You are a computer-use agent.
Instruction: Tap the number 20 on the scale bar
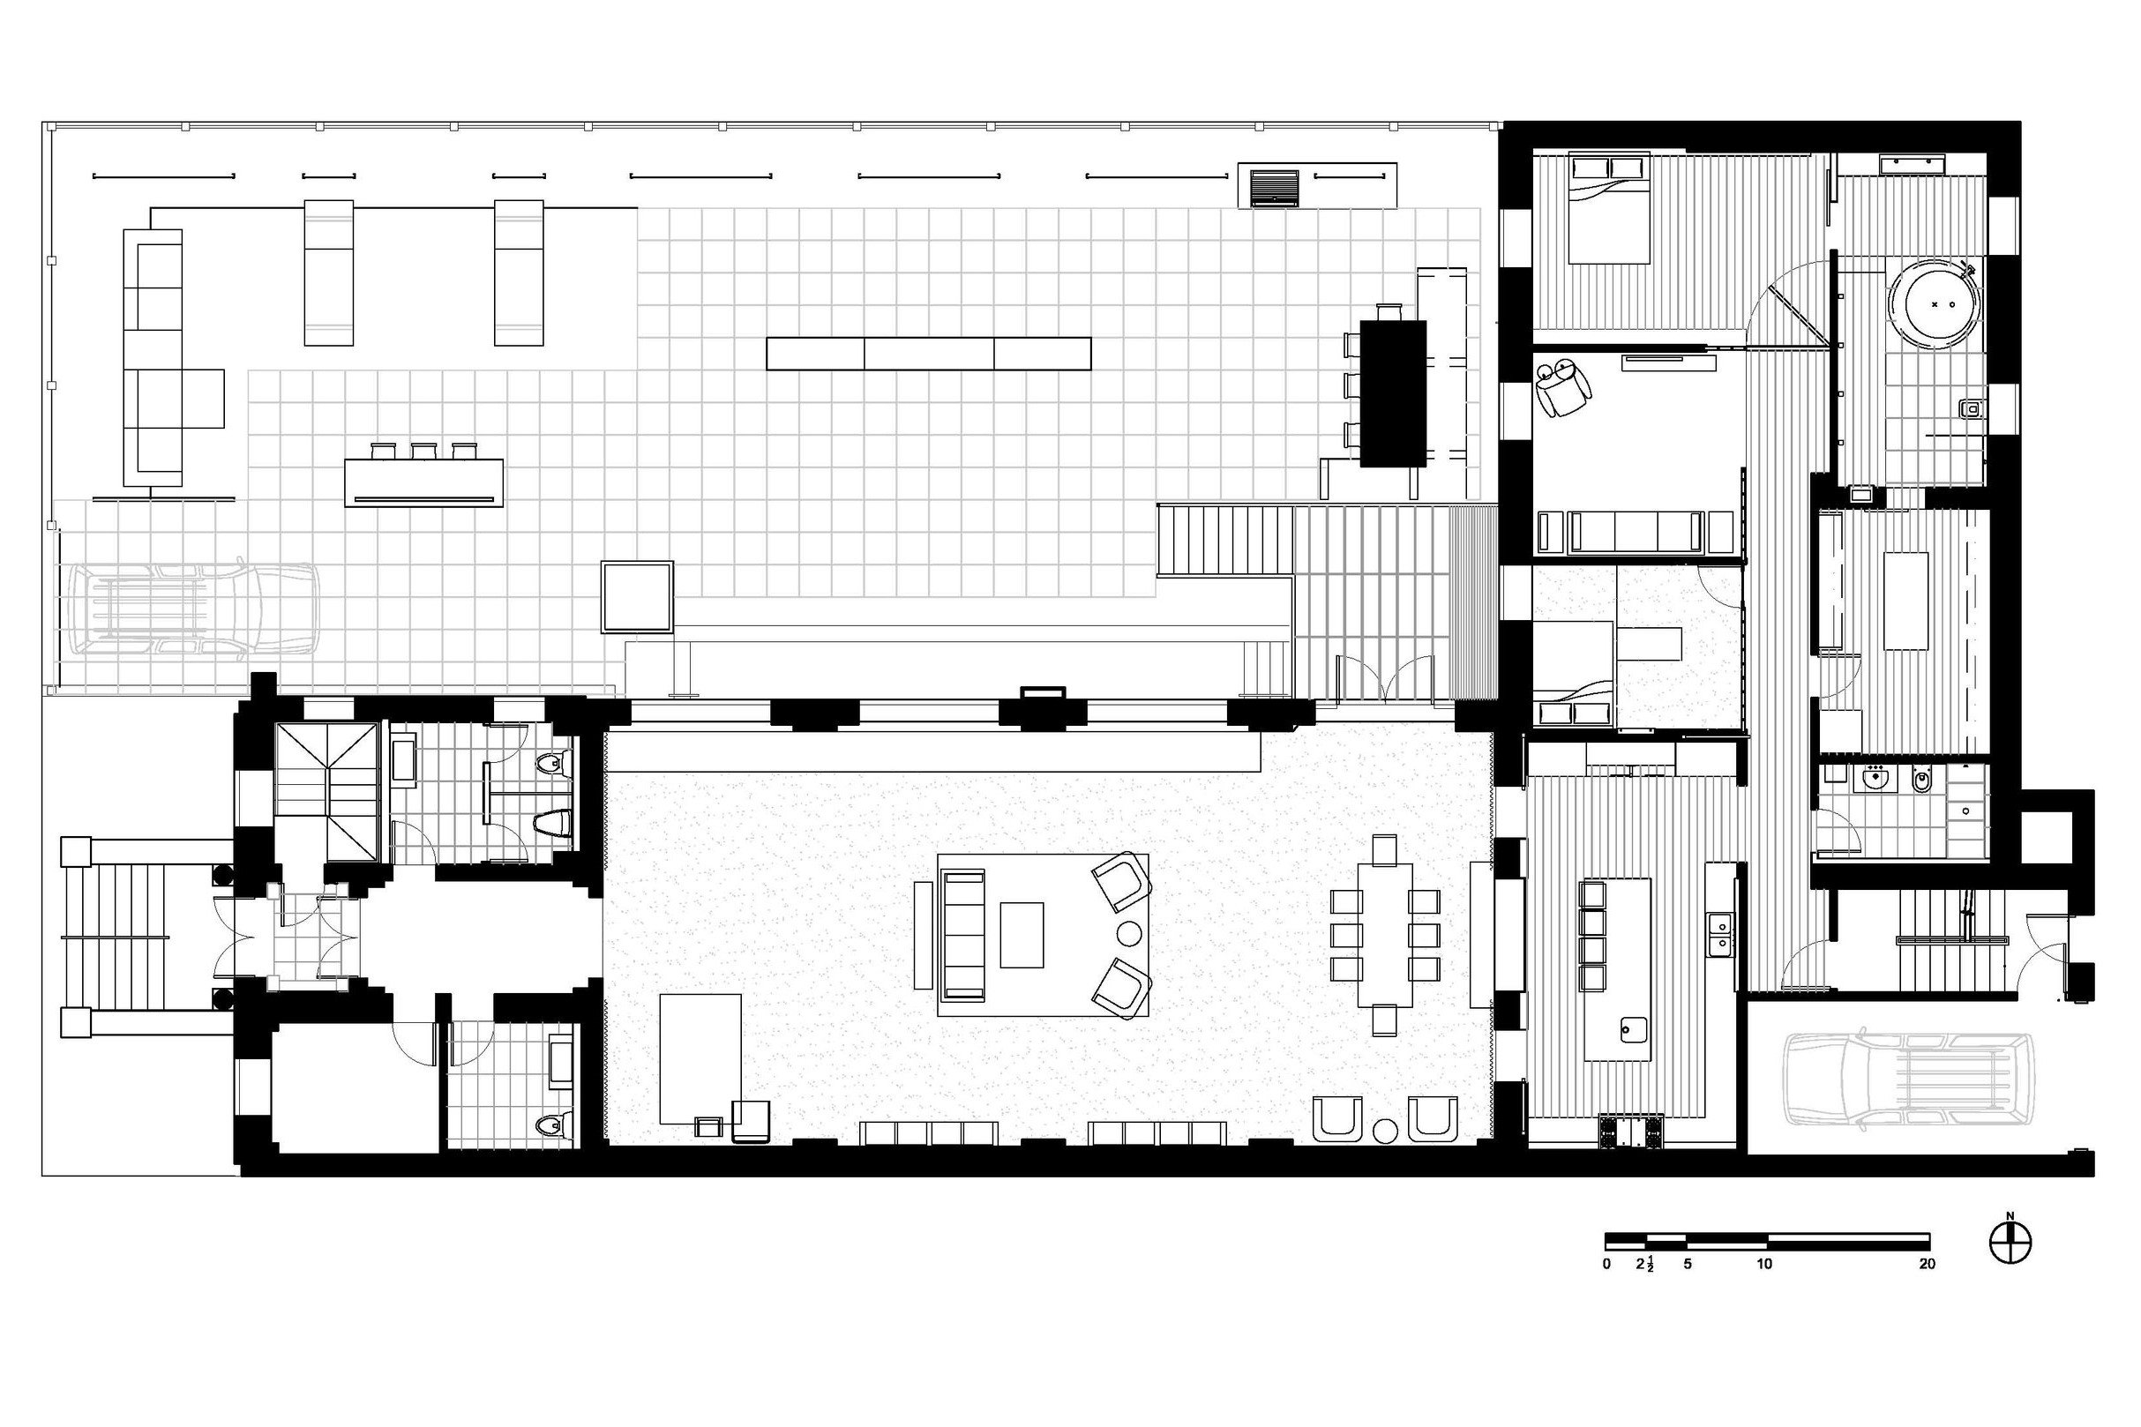pyautogui.click(x=1926, y=1264)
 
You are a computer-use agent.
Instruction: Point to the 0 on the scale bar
pyautogui.click(x=1607, y=1264)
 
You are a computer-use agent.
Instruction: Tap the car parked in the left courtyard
pyautogui.click(x=193, y=609)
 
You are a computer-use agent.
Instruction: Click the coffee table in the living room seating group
pyautogui.click(x=1022, y=935)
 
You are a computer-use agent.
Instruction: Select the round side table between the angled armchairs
pyautogui.click(x=1129, y=934)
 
